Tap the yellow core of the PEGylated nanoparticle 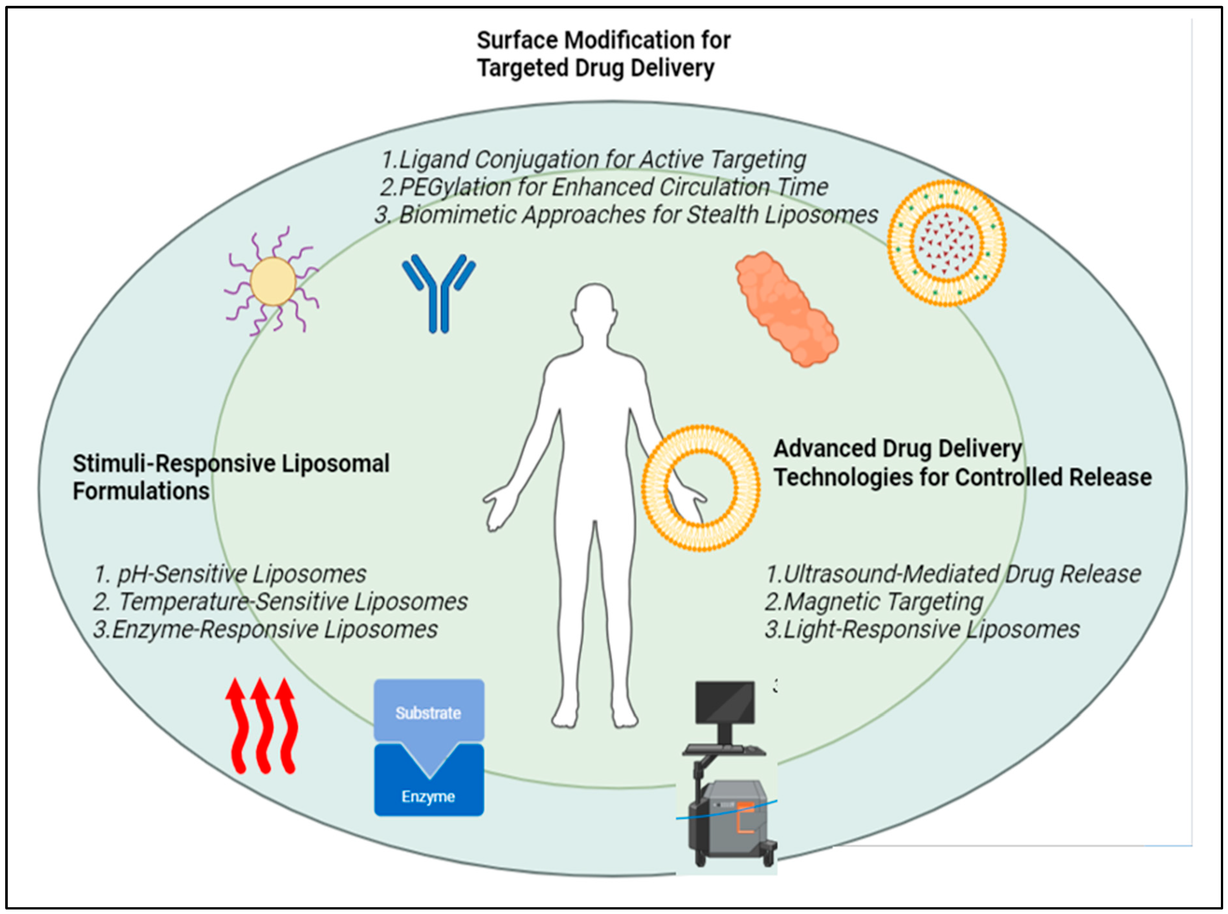coord(273,281)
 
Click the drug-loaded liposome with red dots coord(946,243)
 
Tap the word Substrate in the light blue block coord(428,713)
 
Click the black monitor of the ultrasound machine coord(725,702)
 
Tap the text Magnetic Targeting coord(874,601)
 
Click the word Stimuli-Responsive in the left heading coord(174,464)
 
